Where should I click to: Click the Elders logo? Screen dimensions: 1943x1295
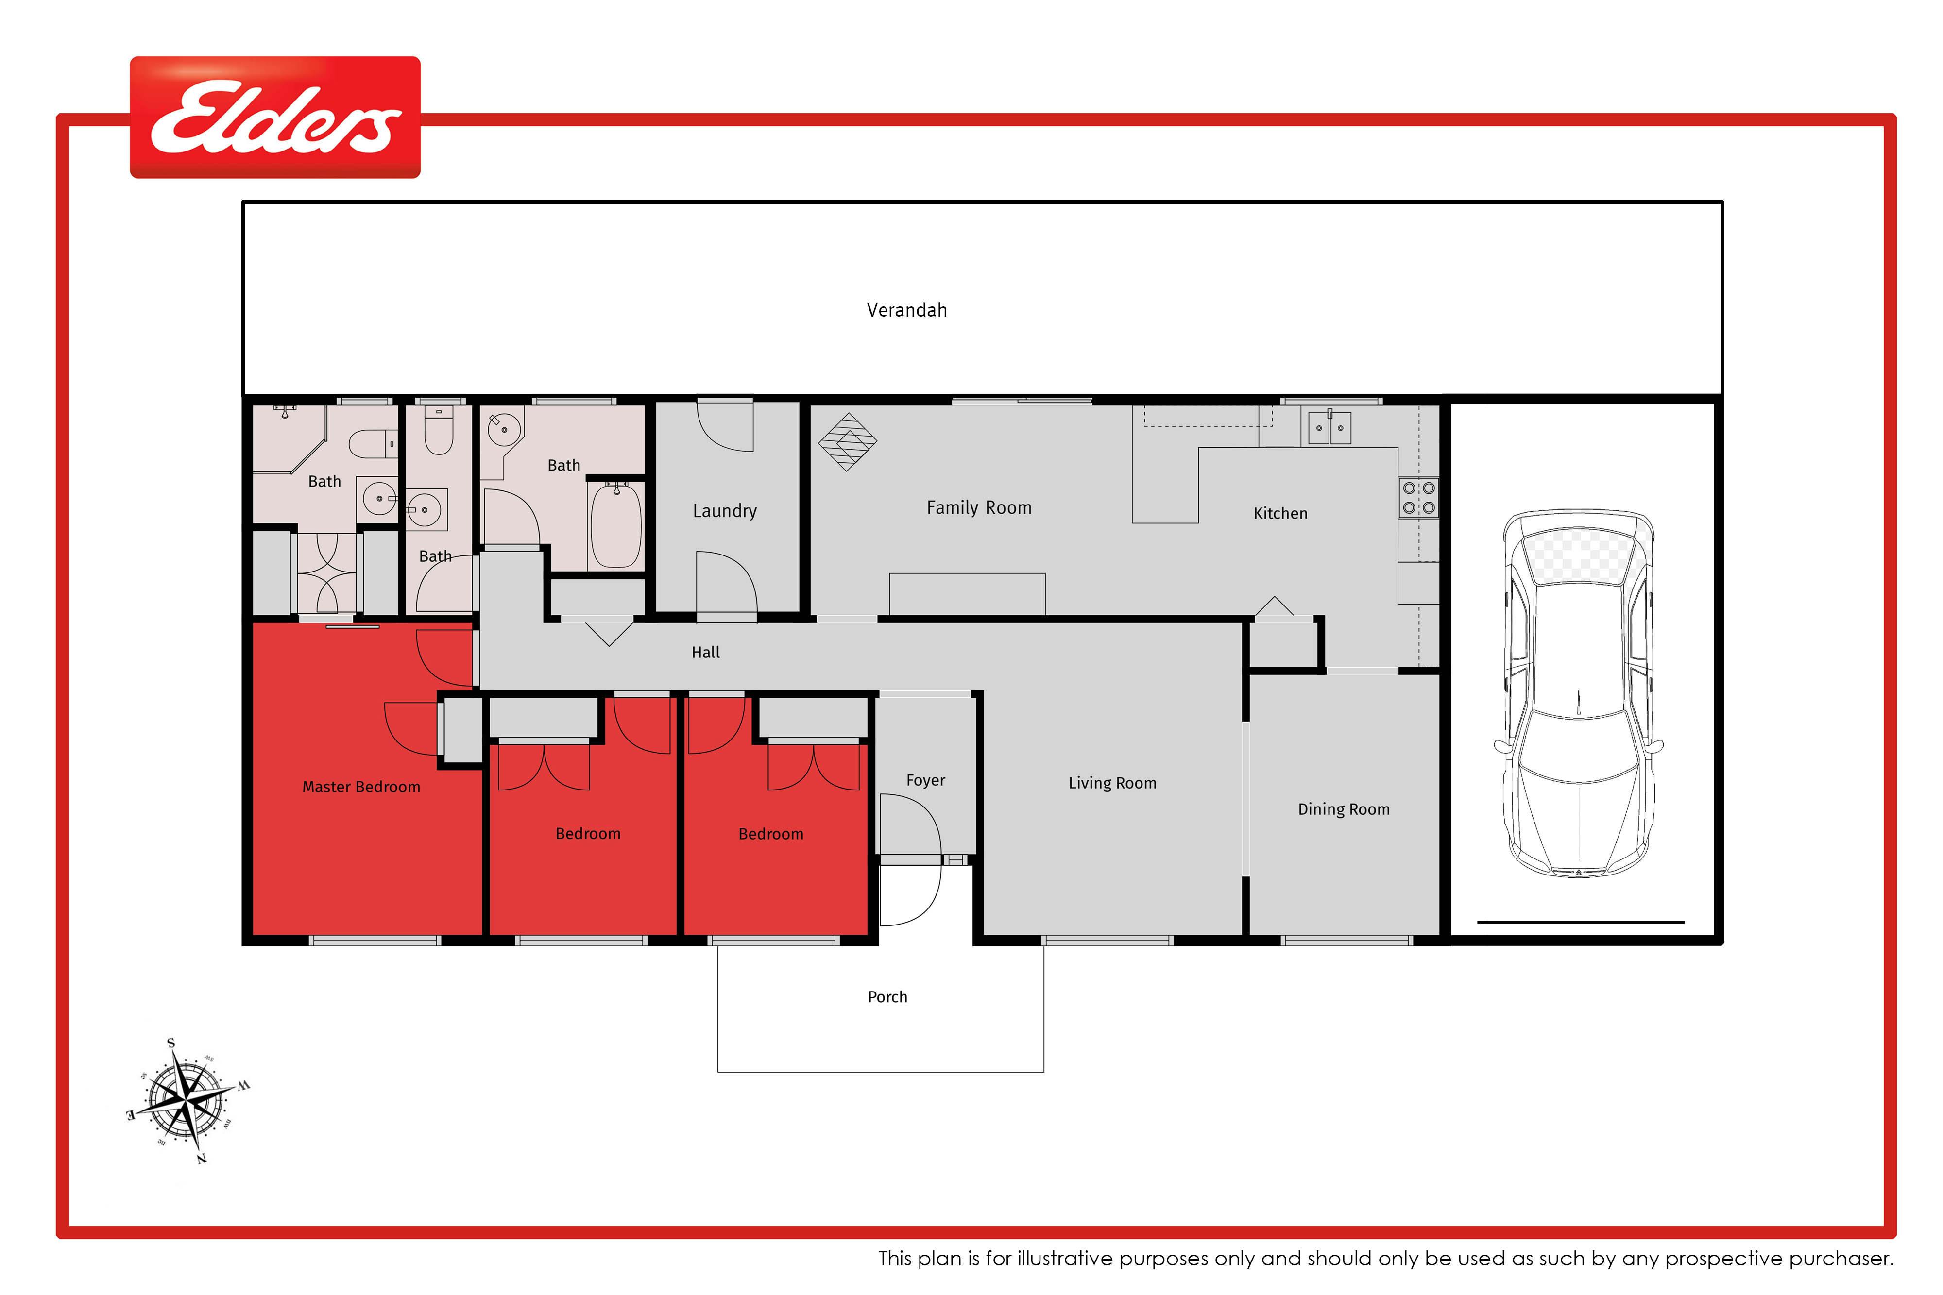point(275,118)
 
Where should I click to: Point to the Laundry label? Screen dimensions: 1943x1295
point(724,511)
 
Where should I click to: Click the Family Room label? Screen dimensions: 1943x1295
point(979,508)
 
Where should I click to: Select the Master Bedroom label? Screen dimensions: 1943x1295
point(361,787)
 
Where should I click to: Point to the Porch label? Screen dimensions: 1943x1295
point(887,997)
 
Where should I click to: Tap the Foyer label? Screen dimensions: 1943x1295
point(925,780)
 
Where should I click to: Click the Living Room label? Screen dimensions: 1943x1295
point(1112,783)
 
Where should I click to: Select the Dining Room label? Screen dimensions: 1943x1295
point(1343,809)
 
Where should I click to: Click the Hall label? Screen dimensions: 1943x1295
point(705,653)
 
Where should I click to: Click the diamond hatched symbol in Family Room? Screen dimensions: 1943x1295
point(848,442)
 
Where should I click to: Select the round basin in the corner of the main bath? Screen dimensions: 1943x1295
point(504,429)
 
